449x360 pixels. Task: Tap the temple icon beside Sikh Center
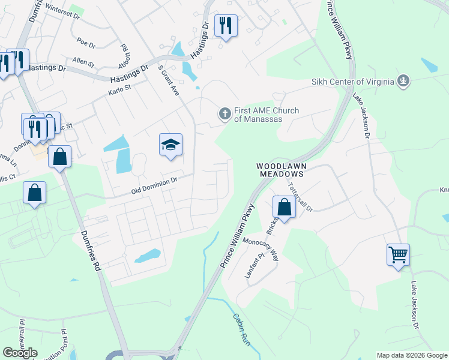403,80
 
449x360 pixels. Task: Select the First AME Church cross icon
225,113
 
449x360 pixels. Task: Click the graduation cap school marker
170,145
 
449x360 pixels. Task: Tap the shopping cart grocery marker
398,254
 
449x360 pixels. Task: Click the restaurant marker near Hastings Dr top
225,25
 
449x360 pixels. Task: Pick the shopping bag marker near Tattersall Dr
285,207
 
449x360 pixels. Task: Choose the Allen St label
83,62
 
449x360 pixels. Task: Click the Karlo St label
119,90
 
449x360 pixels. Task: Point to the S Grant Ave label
169,81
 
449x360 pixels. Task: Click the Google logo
20,353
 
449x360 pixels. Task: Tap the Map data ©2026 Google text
412,355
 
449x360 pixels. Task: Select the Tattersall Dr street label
301,197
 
